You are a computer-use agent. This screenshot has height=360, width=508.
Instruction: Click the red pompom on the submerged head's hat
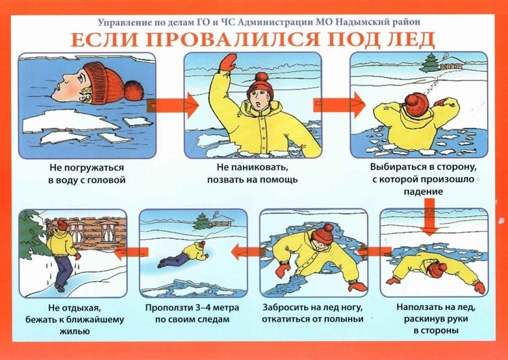(x=134, y=91)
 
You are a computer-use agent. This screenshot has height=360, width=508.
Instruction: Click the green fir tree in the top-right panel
(x=430, y=62)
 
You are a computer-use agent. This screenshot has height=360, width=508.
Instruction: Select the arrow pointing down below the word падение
(x=430, y=217)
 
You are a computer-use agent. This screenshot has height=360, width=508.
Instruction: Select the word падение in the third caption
(x=423, y=192)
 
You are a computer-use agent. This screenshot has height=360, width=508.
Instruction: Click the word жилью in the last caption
(x=75, y=332)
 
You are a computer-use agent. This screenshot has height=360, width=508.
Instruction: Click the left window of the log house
(x=77, y=232)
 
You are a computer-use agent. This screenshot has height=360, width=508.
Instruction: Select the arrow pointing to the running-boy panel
(x=131, y=252)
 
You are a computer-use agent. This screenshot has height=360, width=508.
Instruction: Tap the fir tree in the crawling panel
(x=202, y=222)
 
